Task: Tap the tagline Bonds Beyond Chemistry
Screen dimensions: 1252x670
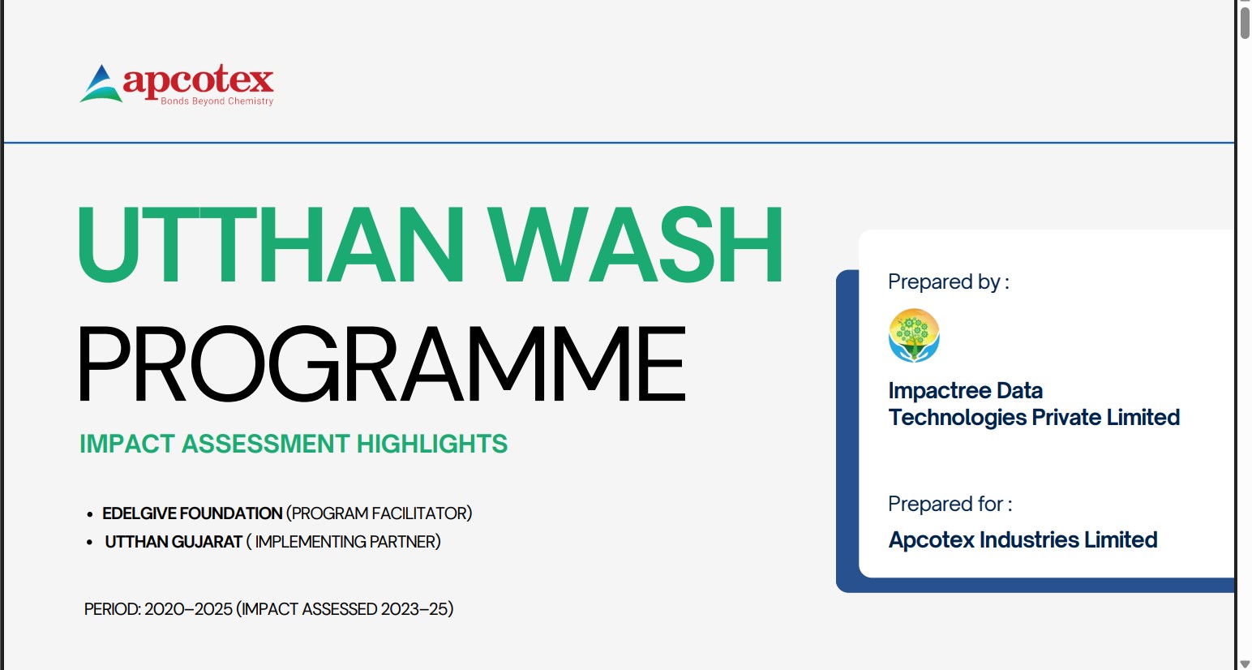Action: pos(217,101)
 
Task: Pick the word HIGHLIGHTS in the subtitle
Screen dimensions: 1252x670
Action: pos(432,444)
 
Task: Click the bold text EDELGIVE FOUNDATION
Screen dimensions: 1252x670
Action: pos(192,513)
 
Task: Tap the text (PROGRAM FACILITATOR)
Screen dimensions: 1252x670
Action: pos(379,513)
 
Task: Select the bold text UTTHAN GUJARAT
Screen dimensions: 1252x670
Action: pos(174,542)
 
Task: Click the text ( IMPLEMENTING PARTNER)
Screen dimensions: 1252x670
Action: pos(343,542)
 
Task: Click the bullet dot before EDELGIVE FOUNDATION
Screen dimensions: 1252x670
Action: pos(89,514)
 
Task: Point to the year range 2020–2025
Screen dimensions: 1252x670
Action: pos(188,609)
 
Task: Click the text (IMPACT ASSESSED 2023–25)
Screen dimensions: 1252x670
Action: pos(345,609)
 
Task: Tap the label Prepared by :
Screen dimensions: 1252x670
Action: pos(949,281)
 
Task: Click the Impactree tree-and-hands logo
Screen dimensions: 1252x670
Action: pos(914,336)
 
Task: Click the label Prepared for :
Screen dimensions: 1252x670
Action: pos(950,505)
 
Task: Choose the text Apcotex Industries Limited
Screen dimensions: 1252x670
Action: pos(1023,540)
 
